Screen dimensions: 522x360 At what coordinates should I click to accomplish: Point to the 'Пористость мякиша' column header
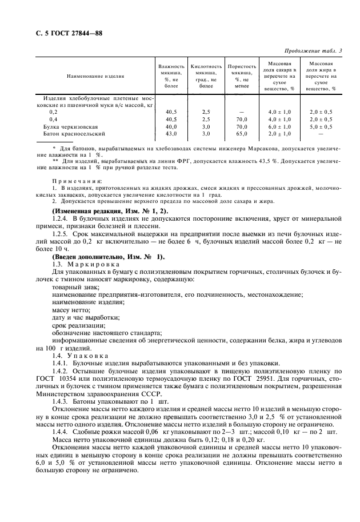click(x=242, y=75)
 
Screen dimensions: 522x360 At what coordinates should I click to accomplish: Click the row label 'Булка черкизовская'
click(x=71, y=126)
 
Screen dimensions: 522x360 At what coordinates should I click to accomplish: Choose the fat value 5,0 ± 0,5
click(x=321, y=126)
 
